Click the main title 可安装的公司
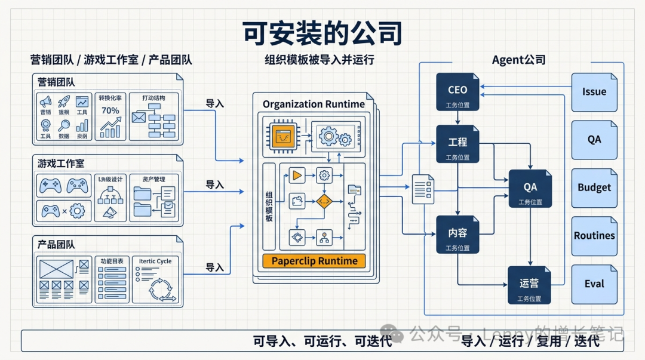point(322,33)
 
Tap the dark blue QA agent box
point(530,188)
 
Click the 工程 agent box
point(457,144)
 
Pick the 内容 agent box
point(457,234)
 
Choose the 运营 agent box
point(529,285)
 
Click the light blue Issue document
point(594,92)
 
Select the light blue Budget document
point(594,187)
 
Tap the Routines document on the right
point(594,236)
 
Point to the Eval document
point(594,284)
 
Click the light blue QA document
point(594,140)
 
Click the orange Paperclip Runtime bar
point(314,261)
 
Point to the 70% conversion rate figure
point(110,110)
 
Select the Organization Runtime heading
point(314,104)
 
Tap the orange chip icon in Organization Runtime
point(284,137)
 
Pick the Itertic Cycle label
point(155,261)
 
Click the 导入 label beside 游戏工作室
point(214,185)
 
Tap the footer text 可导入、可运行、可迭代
point(322,341)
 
